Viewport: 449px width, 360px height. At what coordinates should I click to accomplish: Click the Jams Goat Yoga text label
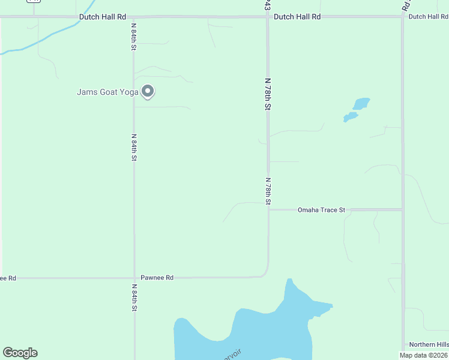[x=107, y=92]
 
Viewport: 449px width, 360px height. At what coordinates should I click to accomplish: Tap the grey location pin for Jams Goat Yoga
[x=148, y=92]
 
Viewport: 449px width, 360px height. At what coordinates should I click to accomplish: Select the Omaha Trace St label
[x=321, y=210]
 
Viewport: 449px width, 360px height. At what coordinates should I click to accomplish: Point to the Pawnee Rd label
[x=157, y=278]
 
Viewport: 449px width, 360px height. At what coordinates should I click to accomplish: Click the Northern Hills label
[x=429, y=344]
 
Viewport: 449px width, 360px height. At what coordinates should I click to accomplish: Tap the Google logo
[x=20, y=353]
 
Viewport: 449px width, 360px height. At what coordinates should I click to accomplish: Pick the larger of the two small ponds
[x=361, y=104]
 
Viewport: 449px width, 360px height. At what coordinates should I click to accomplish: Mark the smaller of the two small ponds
[x=350, y=116]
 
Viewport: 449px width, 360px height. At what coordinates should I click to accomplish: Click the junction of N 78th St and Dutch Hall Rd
[x=268, y=17]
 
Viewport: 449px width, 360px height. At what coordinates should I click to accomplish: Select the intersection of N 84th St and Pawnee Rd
[x=133, y=278]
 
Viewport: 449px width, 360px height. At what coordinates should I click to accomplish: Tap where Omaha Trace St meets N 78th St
[x=268, y=209]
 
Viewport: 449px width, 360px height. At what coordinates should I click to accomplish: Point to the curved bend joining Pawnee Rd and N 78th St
[x=264, y=273]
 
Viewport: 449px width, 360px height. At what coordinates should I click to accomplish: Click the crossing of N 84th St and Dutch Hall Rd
[x=133, y=17]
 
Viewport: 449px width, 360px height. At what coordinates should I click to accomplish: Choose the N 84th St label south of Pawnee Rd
[x=134, y=298]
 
